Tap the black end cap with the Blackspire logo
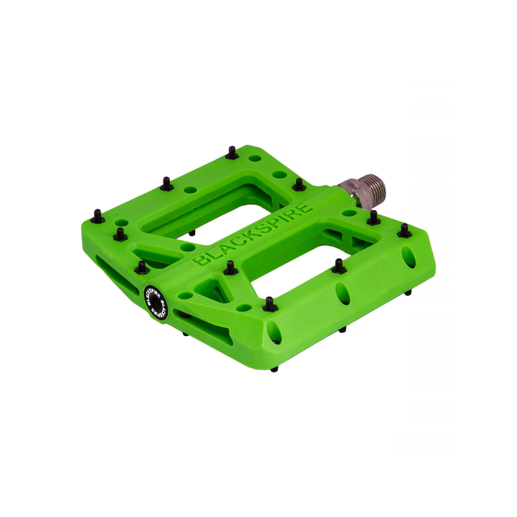156,302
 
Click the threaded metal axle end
368,191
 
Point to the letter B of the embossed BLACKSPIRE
200,260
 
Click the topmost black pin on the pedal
232,153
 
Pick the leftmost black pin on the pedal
98,216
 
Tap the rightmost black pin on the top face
405,231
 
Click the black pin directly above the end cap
142,267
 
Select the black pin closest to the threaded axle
374,218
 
